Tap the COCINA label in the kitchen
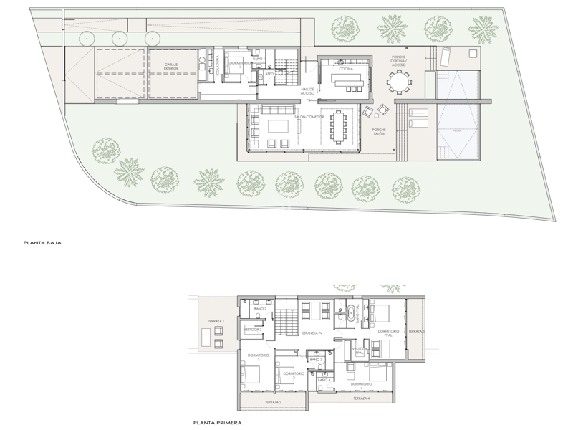[x=346, y=69]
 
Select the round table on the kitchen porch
[x=398, y=82]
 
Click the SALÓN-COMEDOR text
[x=309, y=116]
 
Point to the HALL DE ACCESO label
[x=307, y=91]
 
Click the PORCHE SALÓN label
[x=379, y=133]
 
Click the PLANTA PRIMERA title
[x=217, y=423]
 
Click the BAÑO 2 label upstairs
[x=260, y=309]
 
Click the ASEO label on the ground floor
[x=270, y=74]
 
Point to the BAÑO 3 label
[x=326, y=360]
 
